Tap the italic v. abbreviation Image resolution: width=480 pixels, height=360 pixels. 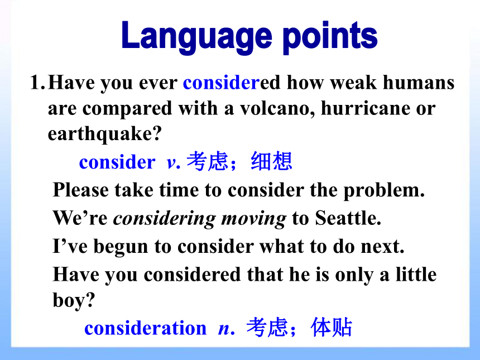coord(174,163)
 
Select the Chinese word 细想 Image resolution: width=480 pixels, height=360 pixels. coord(271,161)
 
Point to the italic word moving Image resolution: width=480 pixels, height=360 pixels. coord(254,219)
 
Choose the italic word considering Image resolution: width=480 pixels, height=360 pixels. coord(165,219)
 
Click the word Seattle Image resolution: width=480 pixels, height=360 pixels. coord(348,218)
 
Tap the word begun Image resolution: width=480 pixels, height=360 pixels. coord(121,247)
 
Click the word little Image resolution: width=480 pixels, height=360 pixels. coord(416,274)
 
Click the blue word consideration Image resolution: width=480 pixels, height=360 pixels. coord(146,328)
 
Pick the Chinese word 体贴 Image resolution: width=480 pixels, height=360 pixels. coord(331,327)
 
